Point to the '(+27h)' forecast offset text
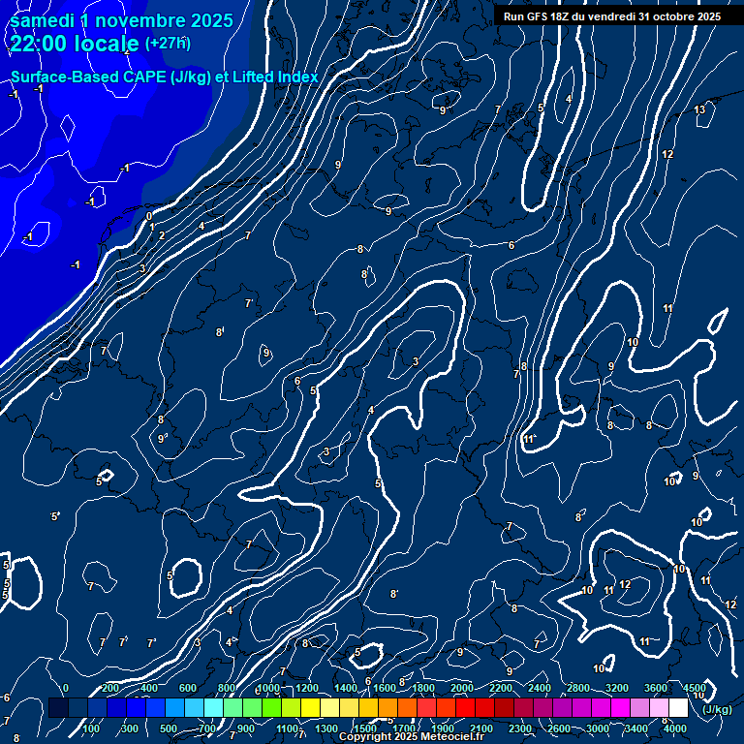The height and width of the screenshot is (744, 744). (x=168, y=44)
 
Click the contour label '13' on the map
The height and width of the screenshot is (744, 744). (x=699, y=109)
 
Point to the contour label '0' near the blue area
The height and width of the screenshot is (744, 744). (x=149, y=216)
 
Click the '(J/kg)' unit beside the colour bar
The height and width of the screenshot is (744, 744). (x=717, y=709)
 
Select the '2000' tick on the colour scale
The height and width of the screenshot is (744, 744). (x=462, y=688)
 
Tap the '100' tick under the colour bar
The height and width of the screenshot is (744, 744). (x=91, y=728)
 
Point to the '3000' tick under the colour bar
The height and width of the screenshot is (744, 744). (x=598, y=728)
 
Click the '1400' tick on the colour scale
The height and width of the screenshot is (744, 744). (x=346, y=688)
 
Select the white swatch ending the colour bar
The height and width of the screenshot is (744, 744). (x=678, y=708)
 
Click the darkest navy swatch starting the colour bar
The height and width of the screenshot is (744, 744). (x=58, y=708)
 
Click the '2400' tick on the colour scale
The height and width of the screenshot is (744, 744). (x=540, y=688)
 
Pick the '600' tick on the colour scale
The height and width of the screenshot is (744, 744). (x=188, y=688)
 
